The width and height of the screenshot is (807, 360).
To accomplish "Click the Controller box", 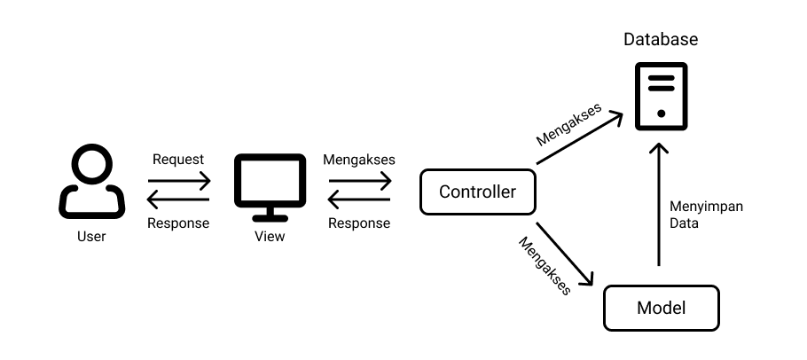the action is pos(478,192).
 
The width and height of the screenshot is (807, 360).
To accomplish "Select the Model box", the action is pos(661,308).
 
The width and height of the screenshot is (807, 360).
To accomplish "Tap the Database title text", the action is pos(661,40).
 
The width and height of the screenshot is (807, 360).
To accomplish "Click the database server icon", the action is pos(661,96).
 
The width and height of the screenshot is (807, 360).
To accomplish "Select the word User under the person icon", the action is pos(91,237).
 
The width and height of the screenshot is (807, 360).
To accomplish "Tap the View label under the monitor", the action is pos(270,237).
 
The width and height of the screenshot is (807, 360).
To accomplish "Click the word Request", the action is pos(178,160).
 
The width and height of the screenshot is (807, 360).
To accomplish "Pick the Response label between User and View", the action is pos(178,223).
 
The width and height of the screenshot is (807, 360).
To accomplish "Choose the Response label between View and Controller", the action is pos(359,223).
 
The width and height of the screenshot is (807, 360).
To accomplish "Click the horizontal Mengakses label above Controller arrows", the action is pos(359,160).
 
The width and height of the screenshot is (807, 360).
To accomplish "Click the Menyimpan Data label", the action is pos(706,215).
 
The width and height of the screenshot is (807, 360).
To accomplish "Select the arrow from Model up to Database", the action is pos(659,204).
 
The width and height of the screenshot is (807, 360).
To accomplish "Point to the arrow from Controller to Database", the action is pos(579,139).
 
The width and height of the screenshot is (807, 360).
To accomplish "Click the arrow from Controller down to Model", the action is pos(565,254).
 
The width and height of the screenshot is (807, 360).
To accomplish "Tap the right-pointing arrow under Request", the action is pos(179,181).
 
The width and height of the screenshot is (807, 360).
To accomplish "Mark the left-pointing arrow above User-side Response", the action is pos(178,200).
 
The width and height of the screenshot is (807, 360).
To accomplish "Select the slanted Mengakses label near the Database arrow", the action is pos(568,125).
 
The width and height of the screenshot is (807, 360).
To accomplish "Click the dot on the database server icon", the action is pos(662,113).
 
